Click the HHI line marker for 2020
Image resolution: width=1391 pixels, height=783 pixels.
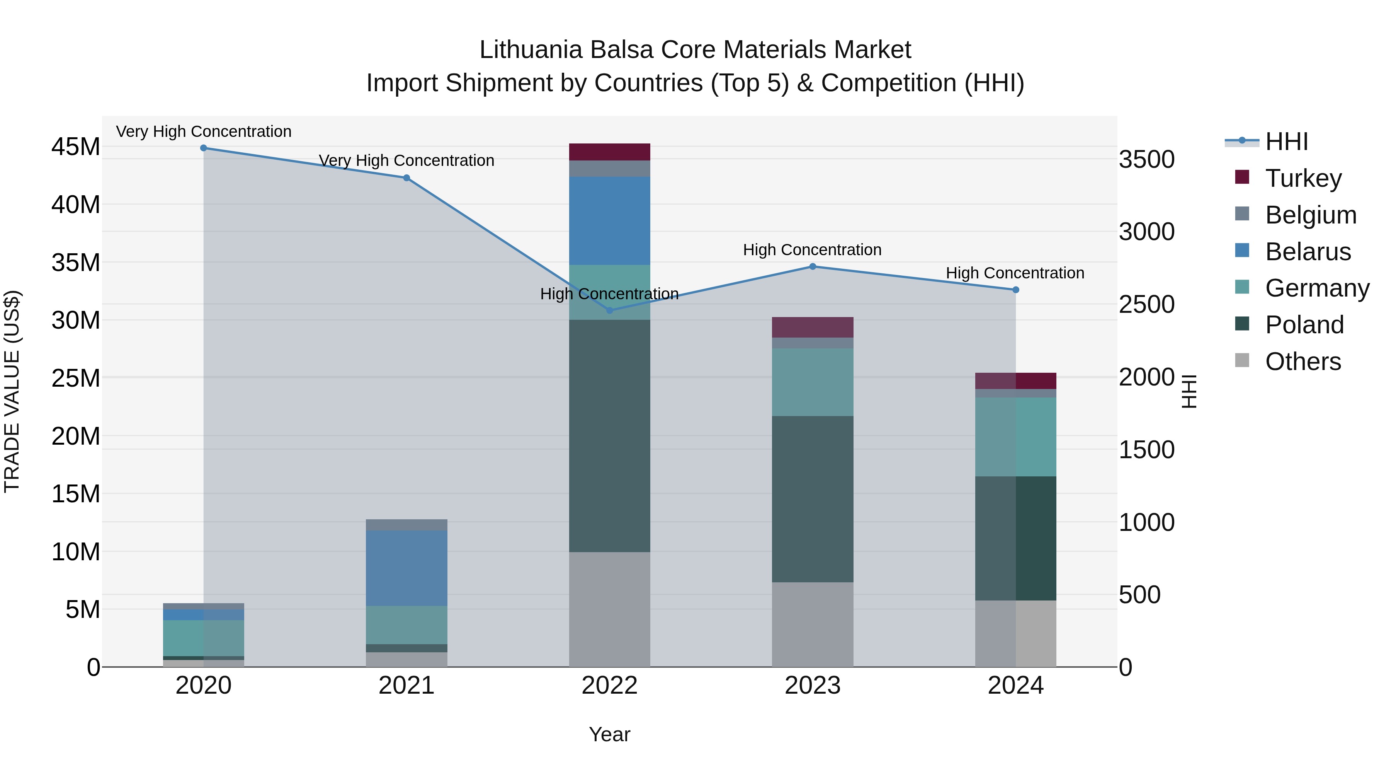click(204, 148)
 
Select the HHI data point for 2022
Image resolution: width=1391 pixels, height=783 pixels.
click(610, 310)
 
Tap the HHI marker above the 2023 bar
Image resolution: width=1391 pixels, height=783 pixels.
click(813, 266)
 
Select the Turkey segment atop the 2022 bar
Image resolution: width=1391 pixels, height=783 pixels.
click(610, 152)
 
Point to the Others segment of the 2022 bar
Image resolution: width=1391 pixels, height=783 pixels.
click(610, 609)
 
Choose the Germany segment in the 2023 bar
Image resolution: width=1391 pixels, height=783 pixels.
click(813, 382)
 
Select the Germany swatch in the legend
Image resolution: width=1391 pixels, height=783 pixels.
click(1242, 287)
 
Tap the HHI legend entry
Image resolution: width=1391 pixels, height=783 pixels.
click(1286, 142)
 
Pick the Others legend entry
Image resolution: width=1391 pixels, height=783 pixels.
click(1303, 361)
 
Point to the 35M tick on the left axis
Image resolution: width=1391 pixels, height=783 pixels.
click(76, 263)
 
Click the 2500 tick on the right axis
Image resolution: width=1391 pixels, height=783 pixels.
click(1146, 304)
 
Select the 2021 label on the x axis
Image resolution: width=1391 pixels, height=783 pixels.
click(406, 686)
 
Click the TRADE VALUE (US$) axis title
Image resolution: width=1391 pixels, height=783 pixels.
click(12, 391)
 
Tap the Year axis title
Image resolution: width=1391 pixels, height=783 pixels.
click(610, 734)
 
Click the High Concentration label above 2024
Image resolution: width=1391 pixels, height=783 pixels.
click(1015, 273)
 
